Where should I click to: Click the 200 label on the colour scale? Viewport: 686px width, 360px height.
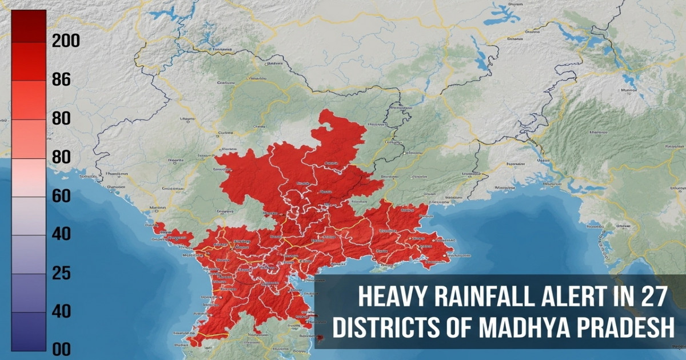(x=66, y=41)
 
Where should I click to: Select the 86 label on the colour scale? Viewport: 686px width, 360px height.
(x=61, y=79)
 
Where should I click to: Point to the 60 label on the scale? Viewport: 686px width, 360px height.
(x=61, y=196)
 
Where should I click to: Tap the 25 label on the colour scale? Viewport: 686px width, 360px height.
(x=61, y=273)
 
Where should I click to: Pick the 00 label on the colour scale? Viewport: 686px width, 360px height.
(x=61, y=349)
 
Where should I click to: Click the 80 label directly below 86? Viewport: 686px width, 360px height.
(x=61, y=118)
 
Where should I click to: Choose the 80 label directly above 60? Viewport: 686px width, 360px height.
(x=61, y=157)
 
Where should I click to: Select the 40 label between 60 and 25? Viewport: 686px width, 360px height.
(x=61, y=234)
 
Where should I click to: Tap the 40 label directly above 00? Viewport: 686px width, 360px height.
(x=61, y=311)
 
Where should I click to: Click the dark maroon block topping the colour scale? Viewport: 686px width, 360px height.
(x=29, y=26)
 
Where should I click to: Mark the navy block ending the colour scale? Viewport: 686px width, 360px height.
(x=29, y=331)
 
